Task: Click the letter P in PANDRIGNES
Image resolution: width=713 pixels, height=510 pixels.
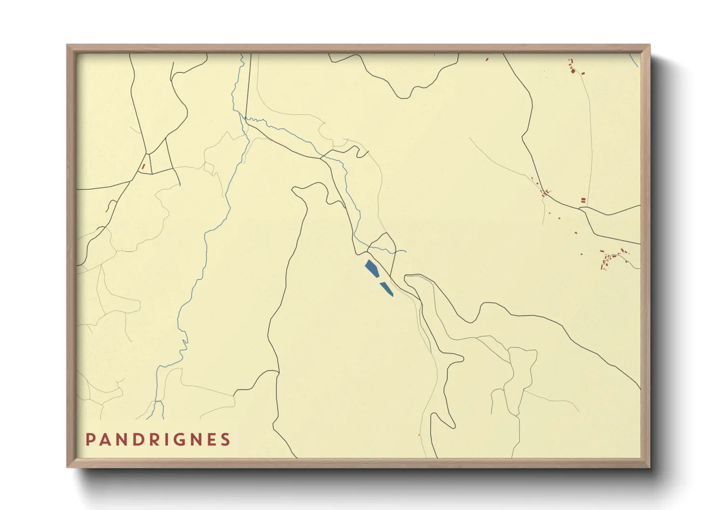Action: pos(90,440)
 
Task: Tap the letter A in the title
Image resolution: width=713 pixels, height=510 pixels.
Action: pos(106,440)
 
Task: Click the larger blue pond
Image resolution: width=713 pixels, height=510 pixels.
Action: pos(371,268)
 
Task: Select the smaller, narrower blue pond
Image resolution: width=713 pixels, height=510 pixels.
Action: pos(387,289)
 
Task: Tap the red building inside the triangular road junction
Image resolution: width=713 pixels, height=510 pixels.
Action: pos(143,166)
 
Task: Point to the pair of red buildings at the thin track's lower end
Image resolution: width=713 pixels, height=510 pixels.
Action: pos(583,200)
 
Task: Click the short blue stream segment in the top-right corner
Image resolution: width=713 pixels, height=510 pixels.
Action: pos(634,60)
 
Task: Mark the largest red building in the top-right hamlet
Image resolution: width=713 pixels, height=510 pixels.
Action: pos(573,71)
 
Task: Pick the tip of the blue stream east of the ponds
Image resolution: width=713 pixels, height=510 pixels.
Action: pos(405,251)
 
